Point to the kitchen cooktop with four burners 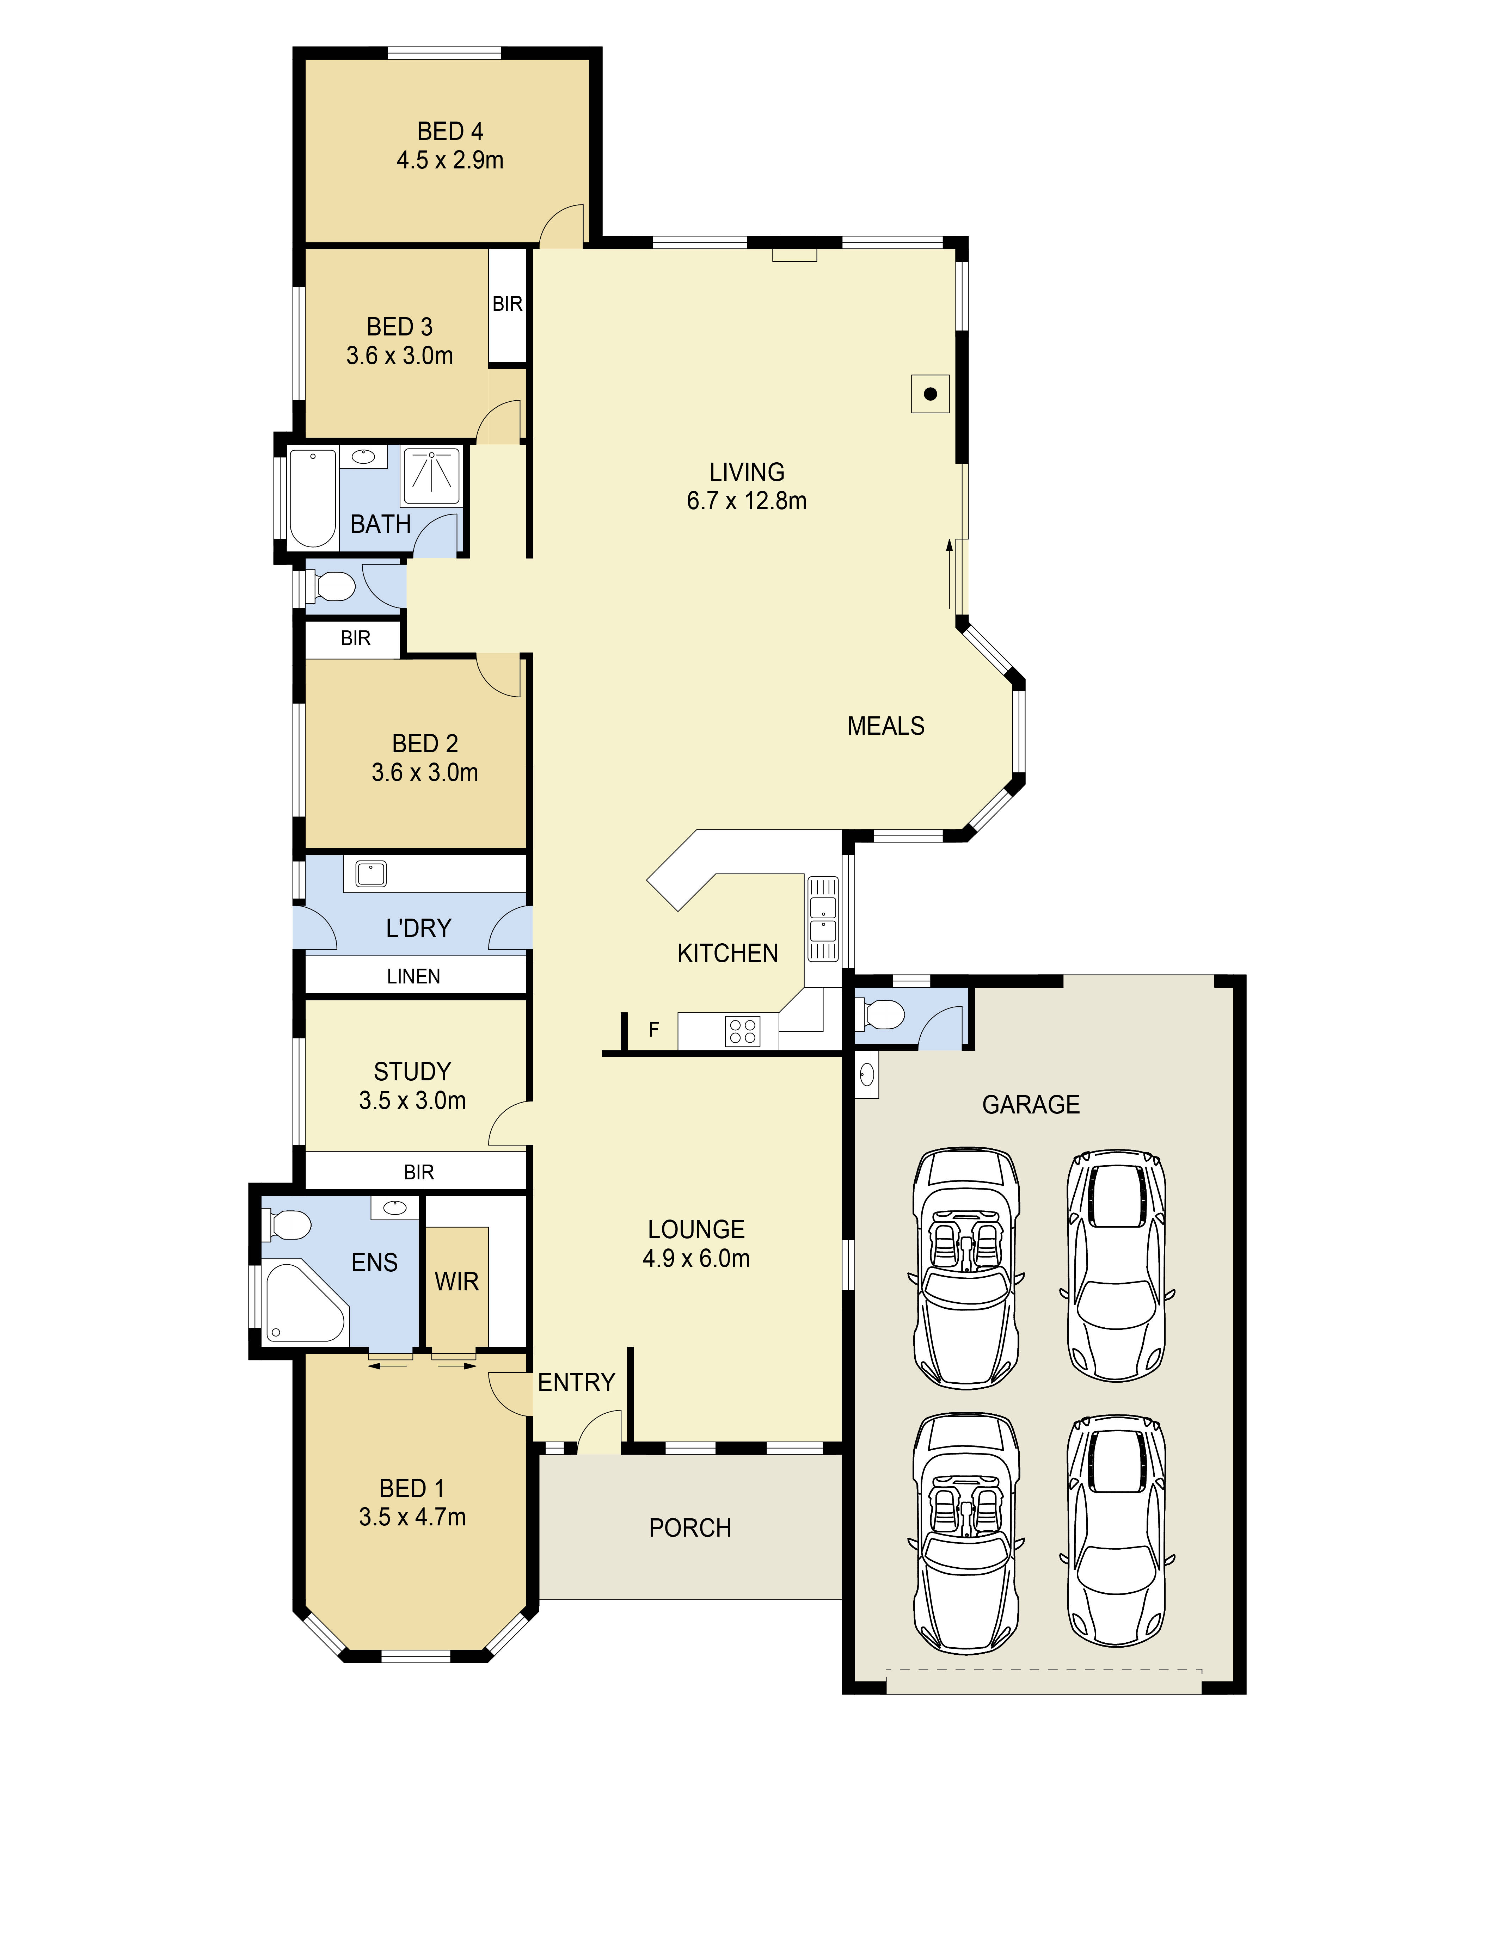743,1031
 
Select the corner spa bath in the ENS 303,1303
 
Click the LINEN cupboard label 413,976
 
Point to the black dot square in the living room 930,394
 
